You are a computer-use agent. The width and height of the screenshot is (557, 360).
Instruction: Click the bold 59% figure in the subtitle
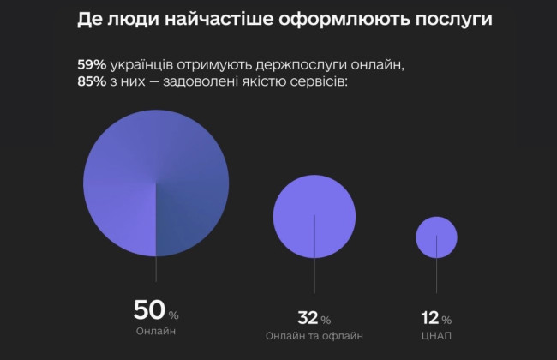91,66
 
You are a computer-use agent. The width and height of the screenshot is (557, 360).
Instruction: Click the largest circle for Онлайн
156,183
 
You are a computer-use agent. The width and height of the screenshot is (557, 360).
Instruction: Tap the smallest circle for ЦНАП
437,237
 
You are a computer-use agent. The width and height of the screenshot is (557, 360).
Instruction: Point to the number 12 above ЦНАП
430,318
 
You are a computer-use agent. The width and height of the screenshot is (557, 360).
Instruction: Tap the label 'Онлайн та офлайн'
314,336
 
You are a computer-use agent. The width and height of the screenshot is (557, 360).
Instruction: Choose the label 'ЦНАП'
438,336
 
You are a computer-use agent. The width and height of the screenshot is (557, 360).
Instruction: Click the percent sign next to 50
173,314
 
